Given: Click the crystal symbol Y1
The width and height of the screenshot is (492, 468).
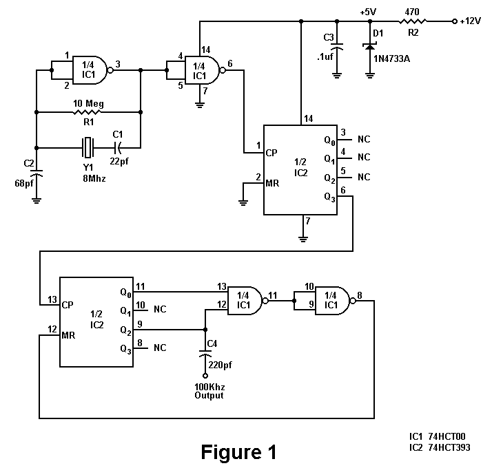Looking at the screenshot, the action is [x=88, y=148].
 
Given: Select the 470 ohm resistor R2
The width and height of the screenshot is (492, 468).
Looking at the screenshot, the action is [x=412, y=21].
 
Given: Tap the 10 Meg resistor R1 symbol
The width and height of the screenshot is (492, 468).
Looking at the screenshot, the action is [x=87, y=112].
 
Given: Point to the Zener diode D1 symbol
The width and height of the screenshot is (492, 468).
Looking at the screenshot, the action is [x=370, y=47].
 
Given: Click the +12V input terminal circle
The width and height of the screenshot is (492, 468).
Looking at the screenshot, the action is [x=454, y=21].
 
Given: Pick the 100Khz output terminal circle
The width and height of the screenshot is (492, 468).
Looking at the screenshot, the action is [x=205, y=376].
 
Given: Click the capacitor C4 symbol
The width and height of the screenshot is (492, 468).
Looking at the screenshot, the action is [x=205, y=353].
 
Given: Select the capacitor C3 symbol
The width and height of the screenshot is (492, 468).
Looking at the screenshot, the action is [x=337, y=46].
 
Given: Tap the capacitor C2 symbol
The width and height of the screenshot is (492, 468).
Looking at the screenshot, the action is [x=37, y=173].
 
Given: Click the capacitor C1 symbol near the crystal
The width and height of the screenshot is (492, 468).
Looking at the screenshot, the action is [x=117, y=148].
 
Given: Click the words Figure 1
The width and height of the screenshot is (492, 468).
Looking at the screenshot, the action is [x=238, y=452].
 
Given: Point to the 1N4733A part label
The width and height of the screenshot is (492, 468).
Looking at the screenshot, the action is [x=391, y=58].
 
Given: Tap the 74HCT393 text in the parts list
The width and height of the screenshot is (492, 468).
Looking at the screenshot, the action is [x=449, y=447].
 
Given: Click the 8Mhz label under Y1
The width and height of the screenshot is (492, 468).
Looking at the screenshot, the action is [x=94, y=178].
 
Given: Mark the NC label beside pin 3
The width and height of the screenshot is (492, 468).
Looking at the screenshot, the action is [x=364, y=139].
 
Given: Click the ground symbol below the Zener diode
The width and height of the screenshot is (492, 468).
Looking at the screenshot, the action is [x=370, y=75].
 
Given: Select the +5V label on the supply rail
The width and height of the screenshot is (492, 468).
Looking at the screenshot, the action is [x=368, y=12].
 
